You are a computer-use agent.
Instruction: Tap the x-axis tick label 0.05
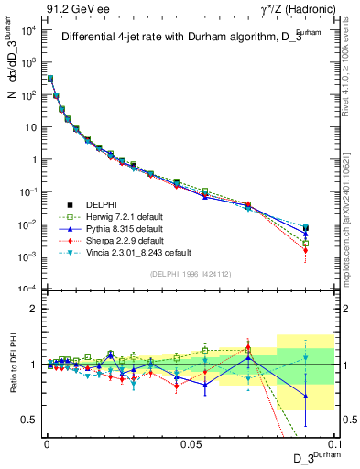tap(191, 443)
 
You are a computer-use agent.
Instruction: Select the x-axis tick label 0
tap(46, 443)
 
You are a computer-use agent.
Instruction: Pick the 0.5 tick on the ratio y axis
tap(29, 420)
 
